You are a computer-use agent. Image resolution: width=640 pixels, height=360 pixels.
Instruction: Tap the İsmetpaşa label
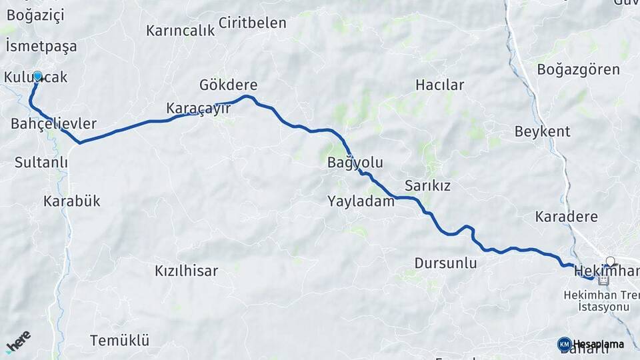[x=41, y=47]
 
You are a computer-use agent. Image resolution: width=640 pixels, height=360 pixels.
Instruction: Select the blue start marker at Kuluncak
[x=37, y=77]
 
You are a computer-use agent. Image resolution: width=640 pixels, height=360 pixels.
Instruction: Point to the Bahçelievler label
[x=54, y=124]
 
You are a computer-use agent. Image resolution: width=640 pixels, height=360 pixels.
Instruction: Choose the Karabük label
[x=71, y=201]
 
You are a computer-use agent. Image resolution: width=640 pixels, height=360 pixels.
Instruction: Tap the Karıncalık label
[x=180, y=31]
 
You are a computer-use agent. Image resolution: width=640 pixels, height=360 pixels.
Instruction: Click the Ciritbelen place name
[x=252, y=23]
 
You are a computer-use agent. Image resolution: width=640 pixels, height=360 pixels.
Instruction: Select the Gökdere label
[x=228, y=85]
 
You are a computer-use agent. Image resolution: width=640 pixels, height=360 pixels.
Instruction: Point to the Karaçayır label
[x=198, y=108]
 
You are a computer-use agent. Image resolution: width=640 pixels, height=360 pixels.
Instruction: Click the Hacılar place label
[x=439, y=85]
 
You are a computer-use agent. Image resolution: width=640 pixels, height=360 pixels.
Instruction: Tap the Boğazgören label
[x=578, y=69]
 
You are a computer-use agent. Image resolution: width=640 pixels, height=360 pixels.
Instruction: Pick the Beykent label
[x=542, y=131]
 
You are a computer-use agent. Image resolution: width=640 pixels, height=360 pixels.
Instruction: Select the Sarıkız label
[x=427, y=186]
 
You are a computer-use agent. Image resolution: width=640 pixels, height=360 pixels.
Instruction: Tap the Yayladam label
[x=361, y=201]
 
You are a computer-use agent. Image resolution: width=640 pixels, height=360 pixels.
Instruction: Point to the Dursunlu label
[x=445, y=263]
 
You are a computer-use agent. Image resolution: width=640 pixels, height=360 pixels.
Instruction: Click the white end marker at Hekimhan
[x=609, y=262]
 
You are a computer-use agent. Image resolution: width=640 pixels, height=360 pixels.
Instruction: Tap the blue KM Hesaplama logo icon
[x=564, y=344]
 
